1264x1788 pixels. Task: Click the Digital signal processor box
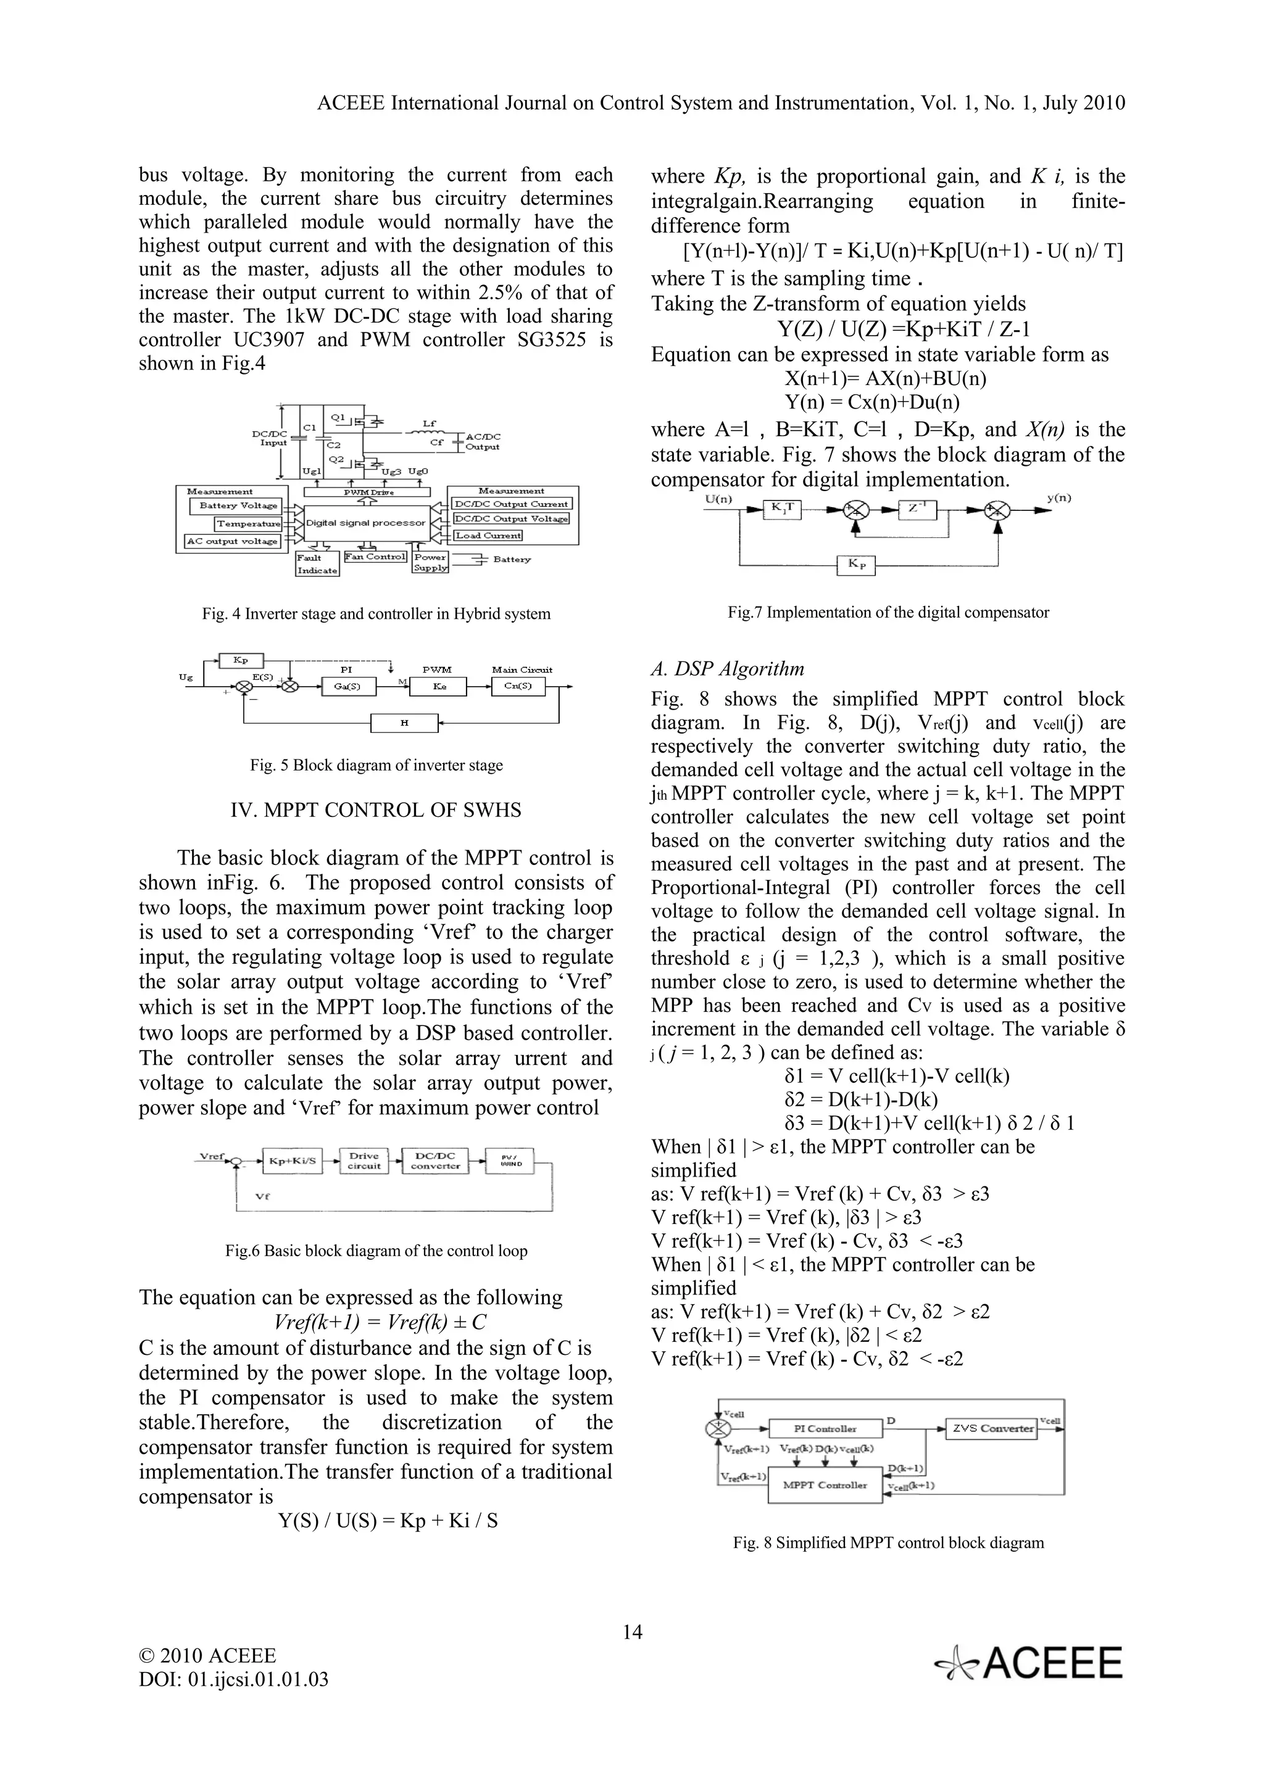(365, 523)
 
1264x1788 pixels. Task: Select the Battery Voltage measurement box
(238, 505)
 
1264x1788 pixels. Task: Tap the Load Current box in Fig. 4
(488, 535)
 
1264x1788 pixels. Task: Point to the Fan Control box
(375, 557)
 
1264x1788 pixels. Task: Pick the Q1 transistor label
(337, 418)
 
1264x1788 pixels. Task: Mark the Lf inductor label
(429, 424)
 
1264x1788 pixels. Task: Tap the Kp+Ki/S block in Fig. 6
(292, 1161)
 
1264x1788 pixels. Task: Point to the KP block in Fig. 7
(856, 565)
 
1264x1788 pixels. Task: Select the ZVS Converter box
(991, 1428)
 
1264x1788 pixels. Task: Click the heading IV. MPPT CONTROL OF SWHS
(375, 810)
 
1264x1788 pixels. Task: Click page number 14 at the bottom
(633, 1631)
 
